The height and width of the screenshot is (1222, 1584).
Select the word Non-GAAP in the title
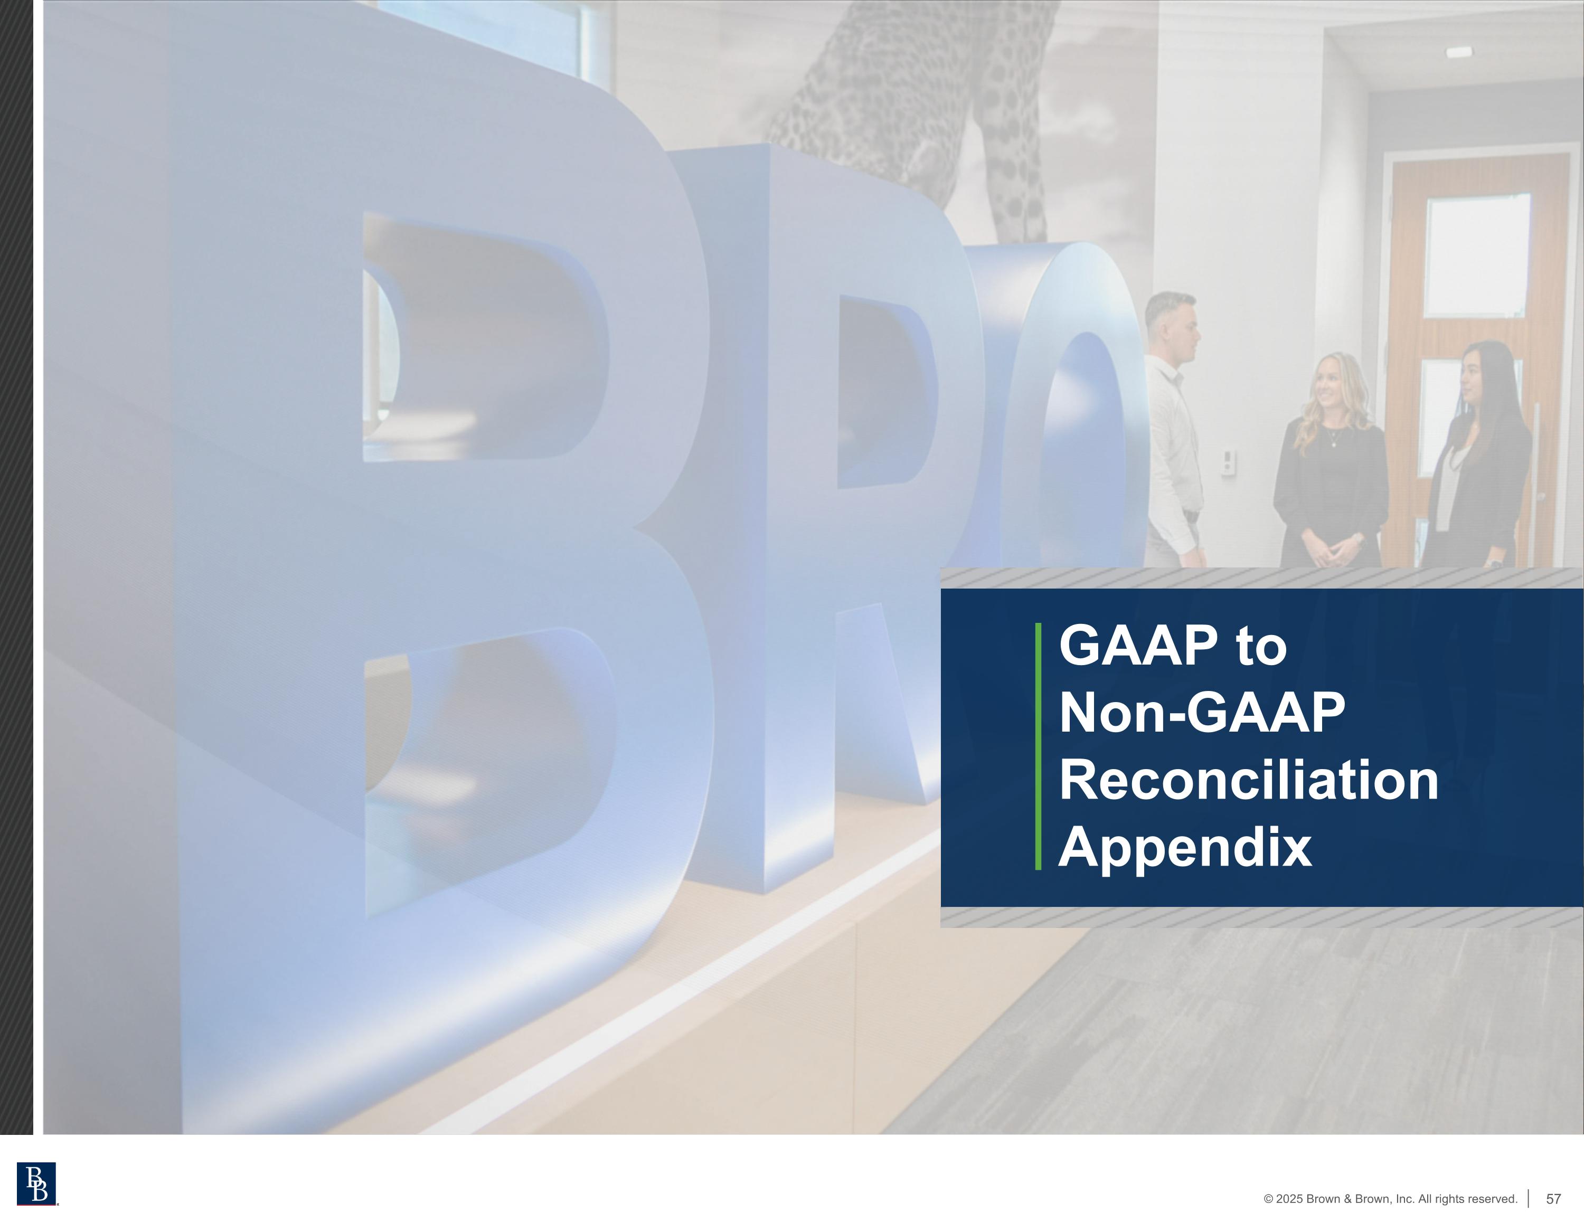point(1202,713)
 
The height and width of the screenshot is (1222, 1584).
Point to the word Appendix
point(1184,847)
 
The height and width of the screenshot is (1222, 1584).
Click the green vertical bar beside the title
point(1038,745)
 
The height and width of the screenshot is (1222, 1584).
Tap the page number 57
point(1553,1199)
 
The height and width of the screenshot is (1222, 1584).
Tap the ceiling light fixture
point(1458,52)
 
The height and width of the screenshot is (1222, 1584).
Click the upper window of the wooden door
point(1477,255)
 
